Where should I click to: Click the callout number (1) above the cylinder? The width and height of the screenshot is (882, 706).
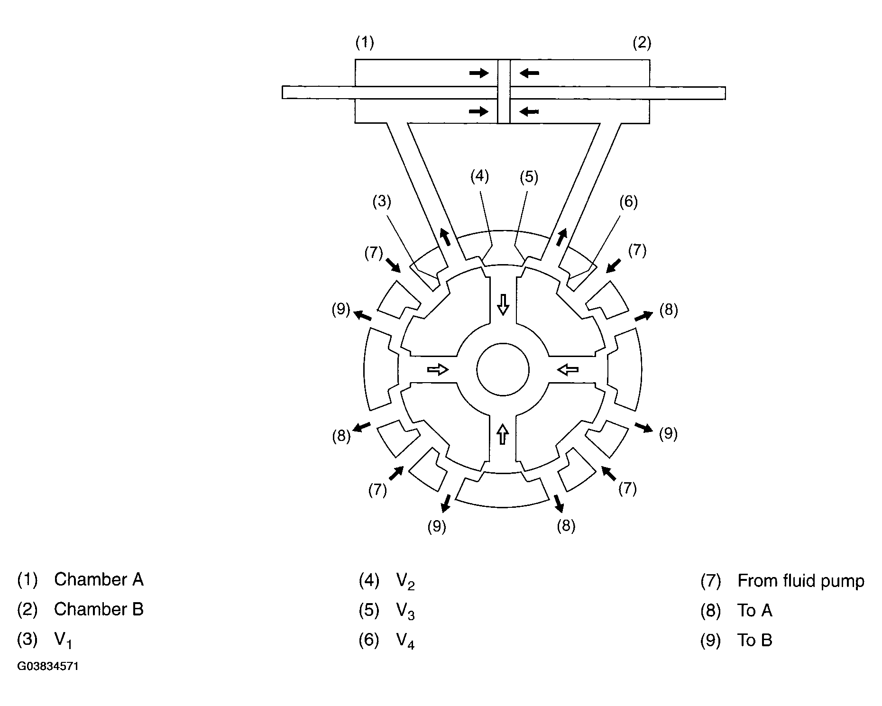[x=365, y=43]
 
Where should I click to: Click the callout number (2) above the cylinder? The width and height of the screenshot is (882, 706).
[x=642, y=43]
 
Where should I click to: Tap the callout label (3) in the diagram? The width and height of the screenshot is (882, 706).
[x=382, y=202]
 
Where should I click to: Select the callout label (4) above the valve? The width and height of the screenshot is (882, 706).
[x=479, y=176]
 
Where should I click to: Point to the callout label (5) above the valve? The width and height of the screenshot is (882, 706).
[x=529, y=177]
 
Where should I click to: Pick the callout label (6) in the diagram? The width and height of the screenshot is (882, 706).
[x=628, y=202]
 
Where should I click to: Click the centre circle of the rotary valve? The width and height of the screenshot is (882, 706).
[x=503, y=370]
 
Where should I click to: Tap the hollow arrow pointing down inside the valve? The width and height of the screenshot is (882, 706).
[x=503, y=304]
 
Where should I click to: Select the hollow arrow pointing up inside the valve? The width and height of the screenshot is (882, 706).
[x=503, y=433]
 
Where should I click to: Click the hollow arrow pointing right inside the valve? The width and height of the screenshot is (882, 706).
[x=438, y=369]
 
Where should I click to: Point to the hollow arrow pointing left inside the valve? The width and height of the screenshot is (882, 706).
[x=568, y=369]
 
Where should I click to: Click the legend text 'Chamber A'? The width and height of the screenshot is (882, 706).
[x=99, y=579]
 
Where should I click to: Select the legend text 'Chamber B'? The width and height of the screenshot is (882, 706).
[x=99, y=609]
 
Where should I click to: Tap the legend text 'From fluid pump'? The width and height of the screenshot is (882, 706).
[x=801, y=580]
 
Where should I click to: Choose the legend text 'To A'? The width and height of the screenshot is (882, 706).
[x=754, y=611]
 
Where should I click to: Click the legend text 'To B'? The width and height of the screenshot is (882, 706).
[x=754, y=641]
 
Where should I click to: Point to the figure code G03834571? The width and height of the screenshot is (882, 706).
[x=48, y=667]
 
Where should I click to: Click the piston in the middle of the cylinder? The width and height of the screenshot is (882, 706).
[x=504, y=91]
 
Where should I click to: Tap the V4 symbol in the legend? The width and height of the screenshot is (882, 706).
[x=405, y=642]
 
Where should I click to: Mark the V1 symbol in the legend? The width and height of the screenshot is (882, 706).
[x=63, y=641]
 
